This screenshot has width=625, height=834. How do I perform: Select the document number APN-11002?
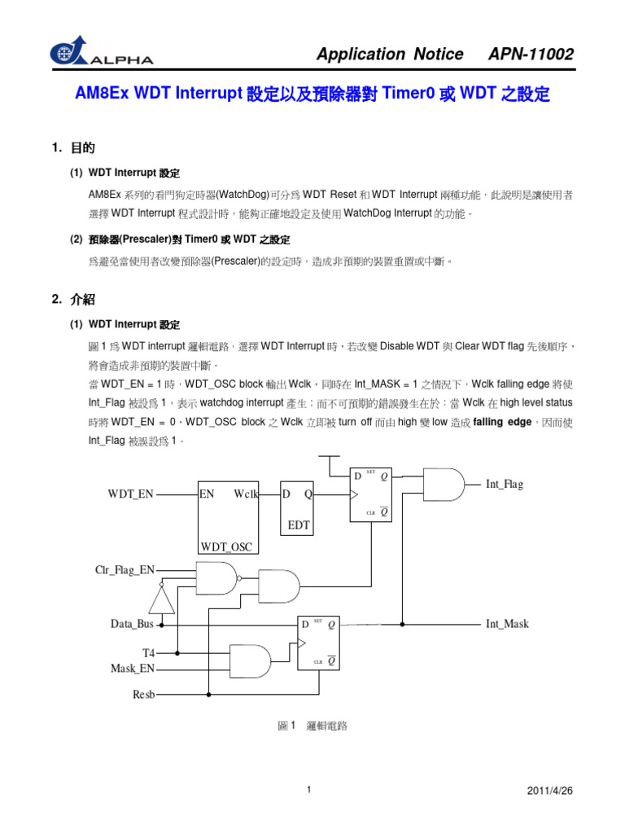point(530,55)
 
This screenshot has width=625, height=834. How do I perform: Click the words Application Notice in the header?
point(390,55)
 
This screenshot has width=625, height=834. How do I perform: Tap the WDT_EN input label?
point(130,494)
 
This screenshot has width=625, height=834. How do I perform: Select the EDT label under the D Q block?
point(299,525)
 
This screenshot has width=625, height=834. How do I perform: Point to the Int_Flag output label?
point(505,484)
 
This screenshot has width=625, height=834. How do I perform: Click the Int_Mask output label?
point(507,624)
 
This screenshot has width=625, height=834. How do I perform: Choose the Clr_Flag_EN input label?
point(125,569)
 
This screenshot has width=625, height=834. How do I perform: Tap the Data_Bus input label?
point(132,624)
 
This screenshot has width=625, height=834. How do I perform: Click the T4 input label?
point(148,653)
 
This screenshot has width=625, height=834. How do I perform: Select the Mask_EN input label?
point(132,669)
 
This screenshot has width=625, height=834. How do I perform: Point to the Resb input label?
point(143,695)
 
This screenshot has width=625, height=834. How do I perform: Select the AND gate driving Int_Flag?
point(444,485)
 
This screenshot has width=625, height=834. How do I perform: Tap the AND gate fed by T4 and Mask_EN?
point(251,661)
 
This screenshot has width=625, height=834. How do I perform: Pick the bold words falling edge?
point(502,422)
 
